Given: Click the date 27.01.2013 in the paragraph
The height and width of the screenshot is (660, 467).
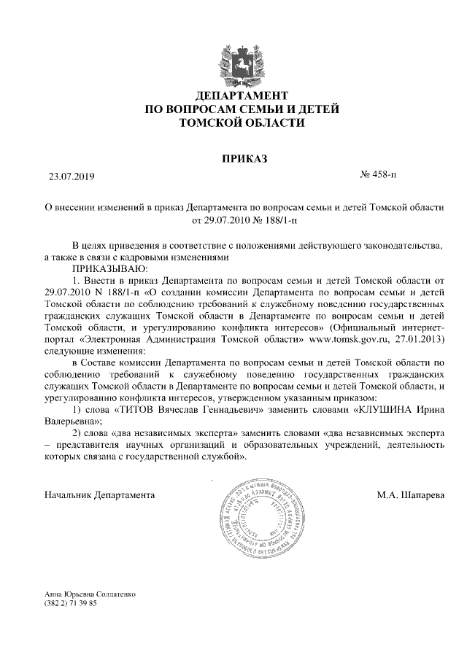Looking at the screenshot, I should [419, 338].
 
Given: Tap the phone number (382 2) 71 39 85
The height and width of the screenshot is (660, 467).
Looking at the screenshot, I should [71, 605].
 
